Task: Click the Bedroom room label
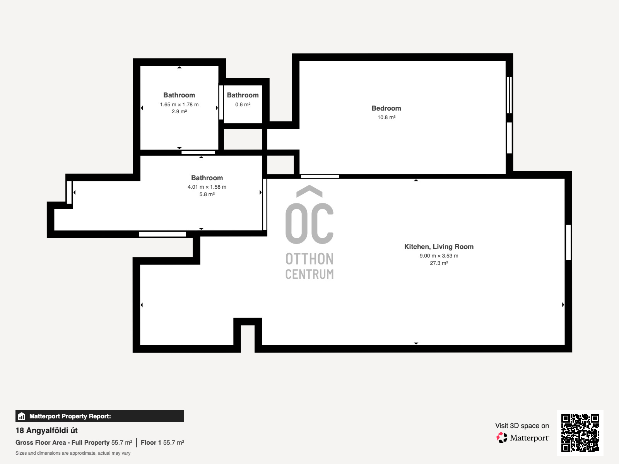click(386, 108)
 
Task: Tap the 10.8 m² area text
click(386, 117)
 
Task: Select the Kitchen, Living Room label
click(439, 247)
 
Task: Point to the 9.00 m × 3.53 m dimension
click(439, 256)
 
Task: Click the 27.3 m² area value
click(439, 263)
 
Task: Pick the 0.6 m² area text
click(243, 104)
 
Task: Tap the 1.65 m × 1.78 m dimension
click(180, 104)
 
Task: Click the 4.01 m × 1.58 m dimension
click(207, 187)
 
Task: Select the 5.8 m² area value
click(207, 194)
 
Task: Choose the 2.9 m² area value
click(180, 112)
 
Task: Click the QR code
click(580, 433)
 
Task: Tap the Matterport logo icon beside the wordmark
click(502, 438)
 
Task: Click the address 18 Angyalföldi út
click(46, 430)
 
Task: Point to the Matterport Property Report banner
click(100, 416)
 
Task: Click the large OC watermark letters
click(309, 223)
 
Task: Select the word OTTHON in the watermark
click(309, 259)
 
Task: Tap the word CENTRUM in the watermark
click(309, 274)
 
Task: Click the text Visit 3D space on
click(522, 426)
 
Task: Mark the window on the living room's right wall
click(568, 242)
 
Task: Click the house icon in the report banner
click(22, 416)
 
